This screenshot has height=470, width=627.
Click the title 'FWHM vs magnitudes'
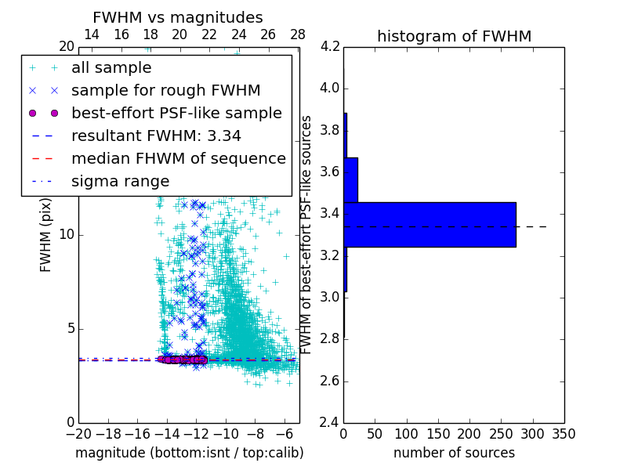(177, 17)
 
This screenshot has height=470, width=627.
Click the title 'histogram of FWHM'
(454, 36)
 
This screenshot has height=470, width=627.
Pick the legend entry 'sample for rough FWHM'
(165, 91)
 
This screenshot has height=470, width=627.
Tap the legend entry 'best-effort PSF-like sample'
(176, 113)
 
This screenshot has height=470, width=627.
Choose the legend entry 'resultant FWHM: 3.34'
(156, 136)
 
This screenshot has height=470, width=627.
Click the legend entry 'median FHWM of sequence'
(178, 158)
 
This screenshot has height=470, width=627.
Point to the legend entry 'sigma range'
(120, 181)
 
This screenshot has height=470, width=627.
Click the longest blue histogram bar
(429, 225)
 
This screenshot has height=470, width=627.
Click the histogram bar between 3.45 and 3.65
(350, 180)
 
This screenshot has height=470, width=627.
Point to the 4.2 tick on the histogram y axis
(330, 46)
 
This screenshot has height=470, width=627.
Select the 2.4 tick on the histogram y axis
(330, 423)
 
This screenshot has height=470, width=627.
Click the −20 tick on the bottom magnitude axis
(78, 433)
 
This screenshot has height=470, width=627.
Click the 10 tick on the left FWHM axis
(67, 234)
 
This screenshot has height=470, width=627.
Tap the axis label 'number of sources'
(454, 453)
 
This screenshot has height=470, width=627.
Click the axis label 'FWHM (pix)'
(46, 235)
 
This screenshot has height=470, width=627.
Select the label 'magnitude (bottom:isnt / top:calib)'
(189, 453)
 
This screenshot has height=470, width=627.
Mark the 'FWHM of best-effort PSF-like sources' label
(307, 234)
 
